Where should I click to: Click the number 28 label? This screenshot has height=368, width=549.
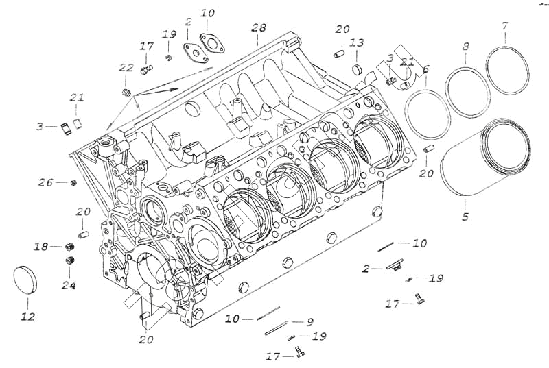tap(258, 28)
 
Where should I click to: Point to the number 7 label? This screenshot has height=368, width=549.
tap(505, 26)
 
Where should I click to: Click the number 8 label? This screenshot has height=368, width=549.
tap(466, 47)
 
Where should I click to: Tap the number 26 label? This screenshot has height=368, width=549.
tap(45, 183)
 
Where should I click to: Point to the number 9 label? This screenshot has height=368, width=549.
tap(310, 321)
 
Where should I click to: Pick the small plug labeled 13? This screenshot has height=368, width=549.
tap(358, 69)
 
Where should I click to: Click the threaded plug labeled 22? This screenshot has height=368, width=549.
tap(126, 93)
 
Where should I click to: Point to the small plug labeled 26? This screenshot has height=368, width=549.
tap(73, 183)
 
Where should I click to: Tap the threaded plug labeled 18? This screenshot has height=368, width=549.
tap(69, 246)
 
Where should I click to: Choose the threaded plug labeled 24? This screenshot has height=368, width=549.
tap(69, 260)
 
